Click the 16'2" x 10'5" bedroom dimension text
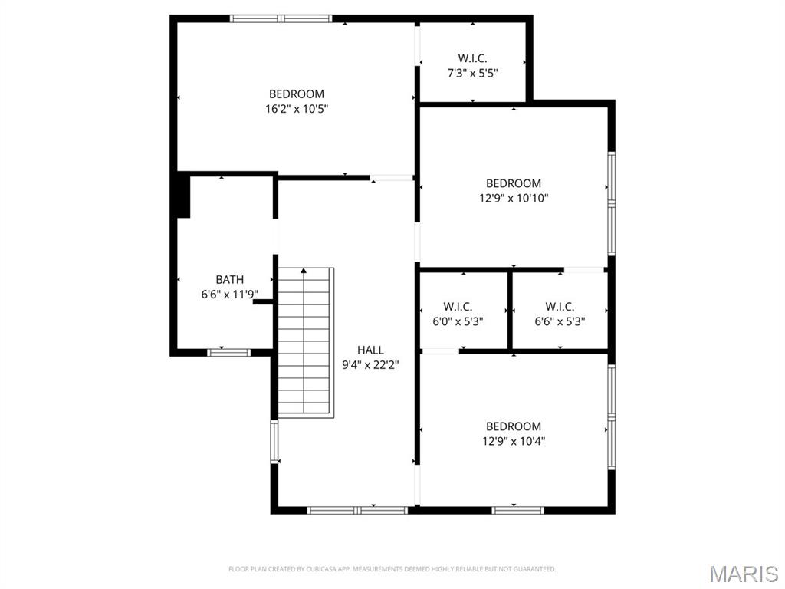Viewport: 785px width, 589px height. pyautogui.click(x=297, y=109)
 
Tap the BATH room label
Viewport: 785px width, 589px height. pyautogui.click(x=230, y=279)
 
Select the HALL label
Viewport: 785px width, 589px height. pyautogui.click(x=370, y=350)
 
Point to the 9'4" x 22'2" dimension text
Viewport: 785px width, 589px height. pyautogui.click(x=370, y=365)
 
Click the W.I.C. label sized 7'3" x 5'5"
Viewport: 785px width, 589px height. pyautogui.click(x=472, y=58)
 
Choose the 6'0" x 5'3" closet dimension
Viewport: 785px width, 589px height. pyautogui.click(x=458, y=321)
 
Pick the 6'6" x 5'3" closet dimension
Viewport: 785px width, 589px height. pyautogui.click(x=560, y=321)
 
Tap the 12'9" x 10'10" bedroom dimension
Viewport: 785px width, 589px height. pyautogui.click(x=514, y=199)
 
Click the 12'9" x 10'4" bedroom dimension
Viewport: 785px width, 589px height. pyautogui.click(x=514, y=441)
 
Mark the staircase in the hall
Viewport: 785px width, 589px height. pyautogui.click(x=306, y=343)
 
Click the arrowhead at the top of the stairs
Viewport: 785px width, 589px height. pyautogui.click(x=304, y=271)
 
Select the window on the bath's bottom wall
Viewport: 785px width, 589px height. pyautogui.click(x=228, y=352)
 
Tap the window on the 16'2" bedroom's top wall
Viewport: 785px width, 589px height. pyautogui.click(x=281, y=19)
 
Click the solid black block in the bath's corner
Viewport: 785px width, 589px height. pyautogui.click(x=184, y=196)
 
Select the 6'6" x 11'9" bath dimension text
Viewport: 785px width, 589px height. pyautogui.click(x=230, y=294)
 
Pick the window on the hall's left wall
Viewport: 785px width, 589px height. pyautogui.click(x=274, y=441)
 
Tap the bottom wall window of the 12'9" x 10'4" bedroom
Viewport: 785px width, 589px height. pyautogui.click(x=517, y=510)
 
